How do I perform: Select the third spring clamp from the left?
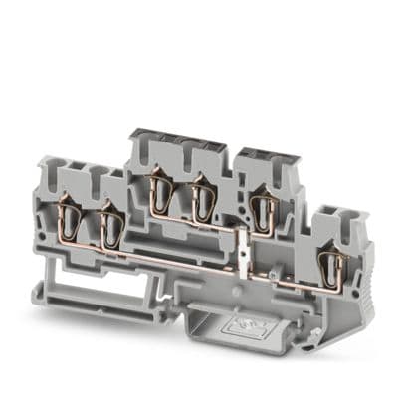158,192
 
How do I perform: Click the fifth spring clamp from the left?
265,210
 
